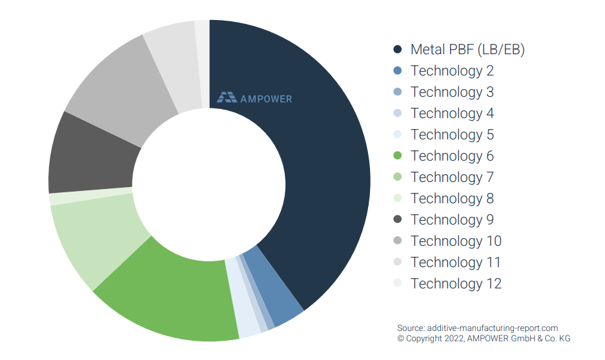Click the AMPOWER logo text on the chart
pyautogui.click(x=266, y=99)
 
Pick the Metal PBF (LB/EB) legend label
pyautogui.click(x=467, y=50)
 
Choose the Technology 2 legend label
pyautogui.click(x=452, y=71)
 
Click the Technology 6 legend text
pyautogui.click(x=452, y=156)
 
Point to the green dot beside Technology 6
pyautogui.click(x=398, y=156)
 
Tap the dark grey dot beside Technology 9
pyautogui.click(x=398, y=219)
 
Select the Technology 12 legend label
pyautogui.click(x=456, y=283)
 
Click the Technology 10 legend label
pyautogui.click(x=456, y=241)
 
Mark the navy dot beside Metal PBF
pyautogui.click(x=398, y=50)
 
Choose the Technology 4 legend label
pyautogui.click(x=452, y=114)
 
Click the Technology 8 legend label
pyautogui.click(x=452, y=198)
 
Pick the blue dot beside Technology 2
pyautogui.click(x=398, y=71)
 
